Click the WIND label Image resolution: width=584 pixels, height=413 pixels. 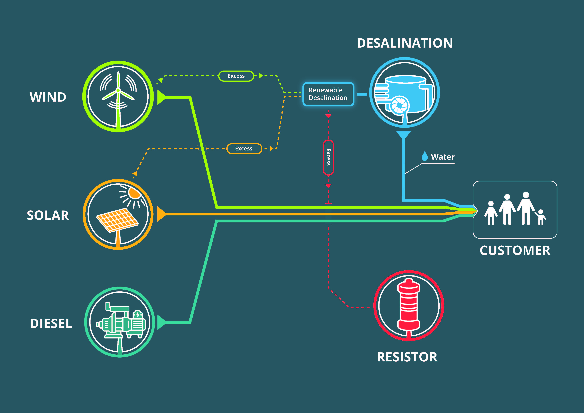[x=48, y=97]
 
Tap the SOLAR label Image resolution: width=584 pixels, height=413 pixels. [x=48, y=215]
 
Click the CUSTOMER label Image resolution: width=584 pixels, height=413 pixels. [x=515, y=251]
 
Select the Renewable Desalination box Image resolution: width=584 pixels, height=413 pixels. [x=328, y=94]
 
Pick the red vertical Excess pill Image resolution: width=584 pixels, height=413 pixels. [x=328, y=157]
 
